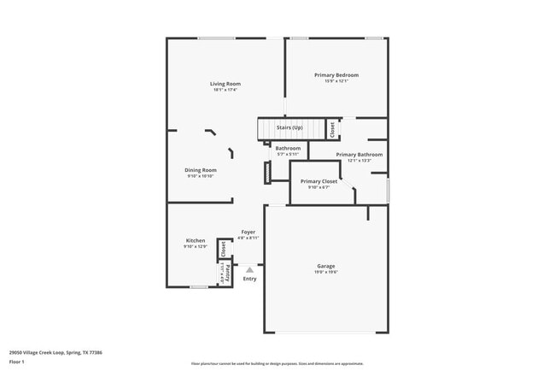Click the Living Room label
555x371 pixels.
click(x=226, y=84)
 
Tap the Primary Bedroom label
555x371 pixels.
click(x=336, y=75)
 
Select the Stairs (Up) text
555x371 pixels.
click(x=289, y=127)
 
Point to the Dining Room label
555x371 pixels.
click(x=202, y=170)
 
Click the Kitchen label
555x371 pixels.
click(x=196, y=241)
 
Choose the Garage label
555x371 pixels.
click(x=326, y=266)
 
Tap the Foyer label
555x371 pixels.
click(x=248, y=232)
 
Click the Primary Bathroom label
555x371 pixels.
click(x=359, y=155)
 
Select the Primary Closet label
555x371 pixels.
click(x=319, y=181)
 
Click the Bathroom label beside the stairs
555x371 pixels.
click(x=288, y=149)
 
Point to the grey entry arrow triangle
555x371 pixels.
click(x=250, y=269)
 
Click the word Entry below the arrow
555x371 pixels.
click(x=250, y=279)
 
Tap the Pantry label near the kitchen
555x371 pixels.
click(x=228, y=274)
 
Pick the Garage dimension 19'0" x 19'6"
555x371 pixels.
click(x=326, y=272)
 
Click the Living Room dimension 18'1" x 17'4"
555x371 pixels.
click(x=226, y=90)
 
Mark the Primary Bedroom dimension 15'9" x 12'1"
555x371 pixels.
click(x=336, y=81)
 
